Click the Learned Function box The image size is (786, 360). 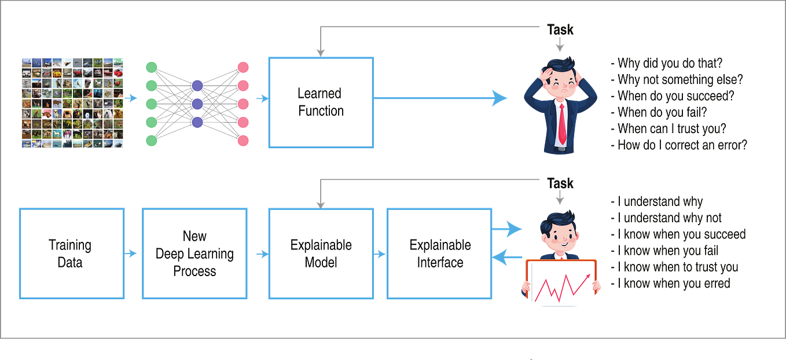(321, 102)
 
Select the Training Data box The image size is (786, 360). (72, 254)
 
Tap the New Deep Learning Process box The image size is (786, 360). (194, 254)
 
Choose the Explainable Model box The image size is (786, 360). (321, 254)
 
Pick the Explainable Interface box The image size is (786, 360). (440, 254)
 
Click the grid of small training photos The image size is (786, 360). (72, 102)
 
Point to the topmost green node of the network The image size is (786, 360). (152, 67)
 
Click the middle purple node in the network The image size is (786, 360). (197, 104)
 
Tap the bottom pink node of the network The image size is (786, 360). (243, 140)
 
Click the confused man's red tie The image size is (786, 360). (561, 124)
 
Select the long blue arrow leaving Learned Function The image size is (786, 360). (440, 98)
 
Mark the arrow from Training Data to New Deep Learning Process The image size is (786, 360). (133, 254)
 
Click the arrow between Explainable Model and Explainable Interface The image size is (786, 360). (380, 254)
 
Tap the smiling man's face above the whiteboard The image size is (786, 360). (559, 235)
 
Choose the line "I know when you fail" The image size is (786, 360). (665, 251)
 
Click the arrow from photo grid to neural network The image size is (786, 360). (133, 98)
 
